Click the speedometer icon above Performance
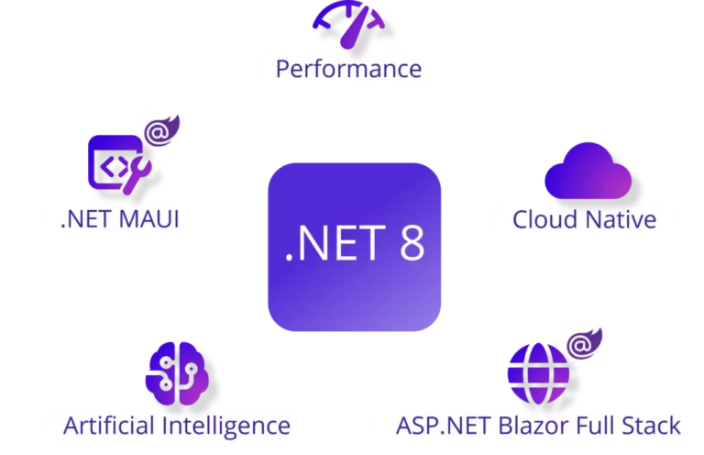coord(349,25)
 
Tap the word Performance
coord(349,69)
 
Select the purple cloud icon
coord(588,172)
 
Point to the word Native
coord(621,219)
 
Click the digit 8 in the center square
coord(412,243)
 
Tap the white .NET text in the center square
coord(335,243)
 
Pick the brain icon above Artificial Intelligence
coord(177,373)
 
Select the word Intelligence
coord(226,427)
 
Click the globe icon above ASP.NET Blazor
coord(538,374)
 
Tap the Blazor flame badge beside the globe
coord(585,344)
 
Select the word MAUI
coord(149,219)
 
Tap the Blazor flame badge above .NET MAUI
coord(161,130)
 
